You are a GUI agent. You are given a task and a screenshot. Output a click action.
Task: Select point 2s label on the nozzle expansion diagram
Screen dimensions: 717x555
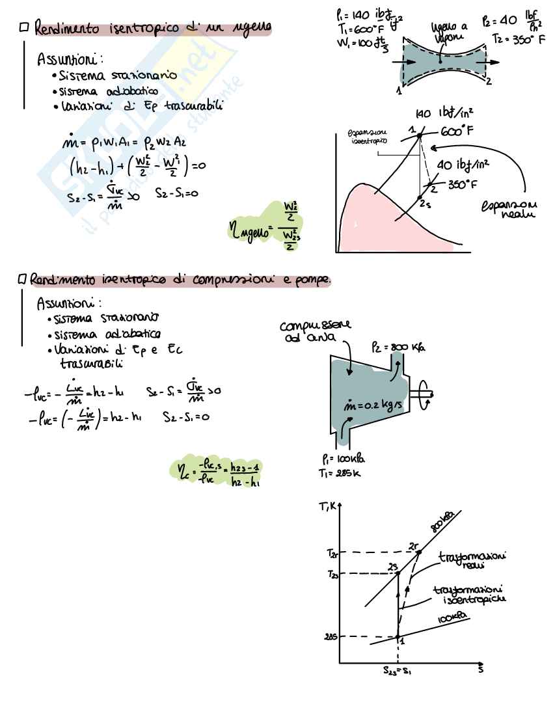426,204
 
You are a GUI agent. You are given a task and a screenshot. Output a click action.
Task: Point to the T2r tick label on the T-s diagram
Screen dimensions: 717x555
332,553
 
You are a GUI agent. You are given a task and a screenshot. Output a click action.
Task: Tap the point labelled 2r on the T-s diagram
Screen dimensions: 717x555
418,552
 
